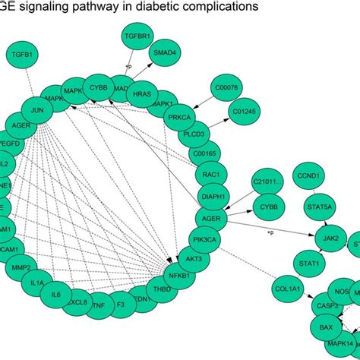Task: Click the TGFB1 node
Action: [24, 55]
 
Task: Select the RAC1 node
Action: [207, 175]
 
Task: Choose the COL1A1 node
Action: [289, 289]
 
